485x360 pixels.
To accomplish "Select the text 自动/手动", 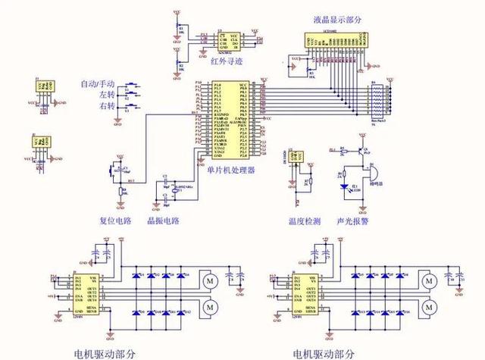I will point(98,83).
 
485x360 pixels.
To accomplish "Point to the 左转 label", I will point(106,95).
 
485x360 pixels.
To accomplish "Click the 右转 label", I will point(106,107).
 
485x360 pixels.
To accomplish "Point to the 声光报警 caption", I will point(353,221).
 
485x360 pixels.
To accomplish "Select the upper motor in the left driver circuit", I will point(210,282).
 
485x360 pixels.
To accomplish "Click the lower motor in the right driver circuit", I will point(429,306).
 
